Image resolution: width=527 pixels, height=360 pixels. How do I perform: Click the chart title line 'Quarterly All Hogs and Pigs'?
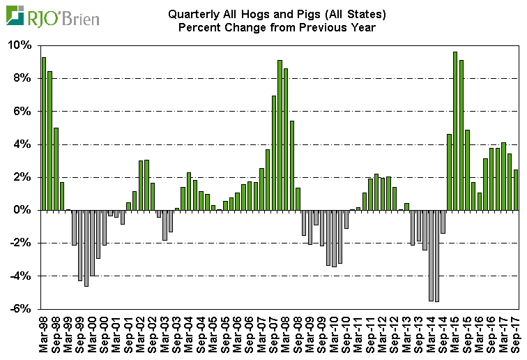pos(277,14)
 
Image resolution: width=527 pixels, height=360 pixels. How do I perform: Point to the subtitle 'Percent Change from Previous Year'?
pos(277,27)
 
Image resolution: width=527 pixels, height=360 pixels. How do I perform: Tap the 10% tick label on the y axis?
pos(21,45)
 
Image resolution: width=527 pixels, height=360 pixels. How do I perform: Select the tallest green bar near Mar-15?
pos(455,130)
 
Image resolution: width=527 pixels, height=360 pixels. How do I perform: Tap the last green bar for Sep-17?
pos(516,190)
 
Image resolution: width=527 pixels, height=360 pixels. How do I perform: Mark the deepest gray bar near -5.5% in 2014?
pos(437,255)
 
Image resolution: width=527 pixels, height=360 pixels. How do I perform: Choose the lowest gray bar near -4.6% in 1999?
pos(86,248)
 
